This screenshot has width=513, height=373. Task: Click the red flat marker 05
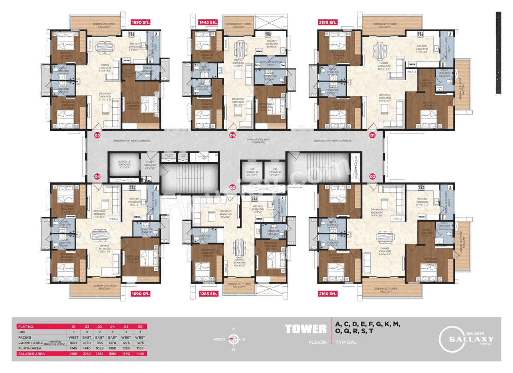[x=97, y=135]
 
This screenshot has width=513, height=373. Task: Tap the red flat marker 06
[x=232, y=135]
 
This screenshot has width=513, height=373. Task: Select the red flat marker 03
[x=232, y=187]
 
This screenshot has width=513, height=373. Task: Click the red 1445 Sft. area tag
[x=208, y=23]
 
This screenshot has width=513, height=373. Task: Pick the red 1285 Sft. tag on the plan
[x=208, y=294]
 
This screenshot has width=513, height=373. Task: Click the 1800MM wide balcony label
[x=239, y=285]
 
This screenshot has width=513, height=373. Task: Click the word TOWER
[x=305, y=329]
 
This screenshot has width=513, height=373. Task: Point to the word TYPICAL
[x=346, y=343]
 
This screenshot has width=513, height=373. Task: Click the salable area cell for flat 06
[x=140, y=354]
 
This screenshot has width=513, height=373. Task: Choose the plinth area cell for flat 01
[x=73, y=349]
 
